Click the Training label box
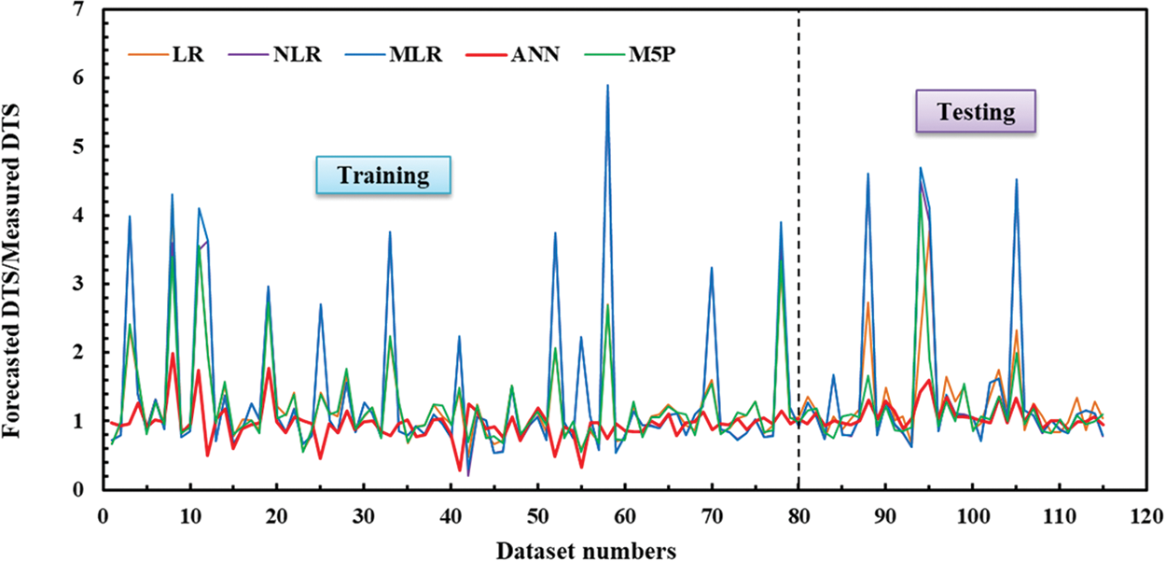click(382, 175)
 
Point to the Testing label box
click(976, 113)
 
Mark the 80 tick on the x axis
click(798, 514)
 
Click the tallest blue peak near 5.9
click(608, 86)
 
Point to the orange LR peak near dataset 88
click(868, 302)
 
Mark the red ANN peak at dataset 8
click(173, 354)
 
